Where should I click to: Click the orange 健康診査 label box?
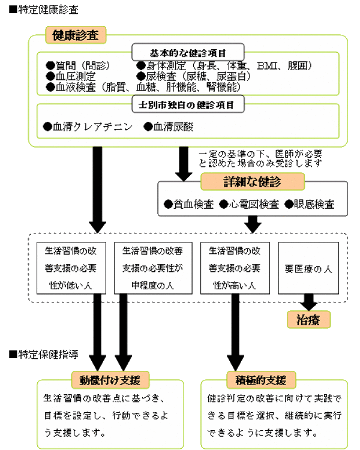click(76, 35)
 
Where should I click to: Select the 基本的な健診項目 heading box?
click(188, 52)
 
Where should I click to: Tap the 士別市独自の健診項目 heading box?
click(188, 104)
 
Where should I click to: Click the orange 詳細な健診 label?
click(253, 181)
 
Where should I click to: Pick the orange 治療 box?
click(308, 319)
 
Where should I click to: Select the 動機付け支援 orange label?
click(110, 380)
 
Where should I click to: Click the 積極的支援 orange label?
click(261, 380)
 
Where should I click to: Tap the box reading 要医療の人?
click(308, 268)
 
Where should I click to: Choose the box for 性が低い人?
click(71, 268)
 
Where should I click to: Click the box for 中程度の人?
click(153, 268)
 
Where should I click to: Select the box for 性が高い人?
click(235, 268)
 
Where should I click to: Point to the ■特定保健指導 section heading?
click(44, 355)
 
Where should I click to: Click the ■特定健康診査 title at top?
click(44, 10)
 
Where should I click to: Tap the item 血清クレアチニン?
click(88, 127)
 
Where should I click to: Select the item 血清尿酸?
click(169, 127)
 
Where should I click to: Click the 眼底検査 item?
click(310, 205)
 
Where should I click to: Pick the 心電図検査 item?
click(249, 205)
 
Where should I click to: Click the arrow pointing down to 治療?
click(308, 302)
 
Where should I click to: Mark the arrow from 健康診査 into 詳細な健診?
click(184, 164)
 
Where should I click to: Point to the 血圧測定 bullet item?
click(71, 76)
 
